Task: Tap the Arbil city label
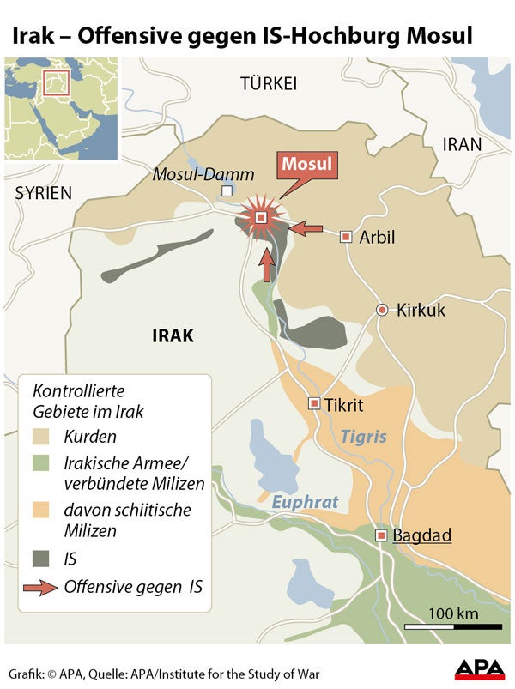tap(377, 237)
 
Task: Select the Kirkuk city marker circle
tap(383, 310)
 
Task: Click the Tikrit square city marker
tap(315, 403)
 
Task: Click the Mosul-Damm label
tap(203, 174)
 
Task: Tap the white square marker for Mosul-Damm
tap(227, 191)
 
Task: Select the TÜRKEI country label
tap(269, 83)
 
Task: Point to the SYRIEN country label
tap(44, 194)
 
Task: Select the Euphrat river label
tap(306, 502)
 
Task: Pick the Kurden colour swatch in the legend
tap(44, 437)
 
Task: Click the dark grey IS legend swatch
tap(44, 559)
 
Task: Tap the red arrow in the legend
tap(44, 588)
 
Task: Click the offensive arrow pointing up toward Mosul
tap(268, 263)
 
